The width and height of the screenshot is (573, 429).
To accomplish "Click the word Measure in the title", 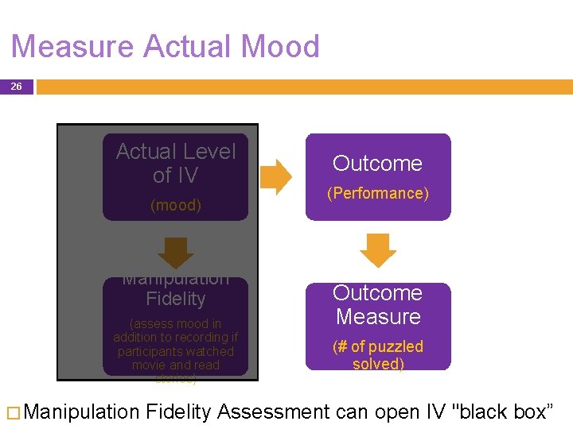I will coord(72,47).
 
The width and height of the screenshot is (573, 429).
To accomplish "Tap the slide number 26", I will coord(16,87).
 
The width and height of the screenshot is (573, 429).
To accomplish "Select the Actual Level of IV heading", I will coord(176,163).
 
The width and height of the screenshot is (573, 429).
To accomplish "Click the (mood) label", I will coord(176,206).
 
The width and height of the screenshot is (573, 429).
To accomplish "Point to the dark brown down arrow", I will coord(176,252).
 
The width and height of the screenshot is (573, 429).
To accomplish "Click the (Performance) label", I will coord(378,193).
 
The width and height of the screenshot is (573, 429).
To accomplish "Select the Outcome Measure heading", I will coord(377,304).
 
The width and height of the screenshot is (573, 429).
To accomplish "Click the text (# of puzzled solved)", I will coord(378,355).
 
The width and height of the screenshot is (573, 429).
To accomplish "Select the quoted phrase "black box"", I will coord(502,412).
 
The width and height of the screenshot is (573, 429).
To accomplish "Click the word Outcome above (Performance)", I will coord(377,164).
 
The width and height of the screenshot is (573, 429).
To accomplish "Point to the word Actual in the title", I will coord(181,47).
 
